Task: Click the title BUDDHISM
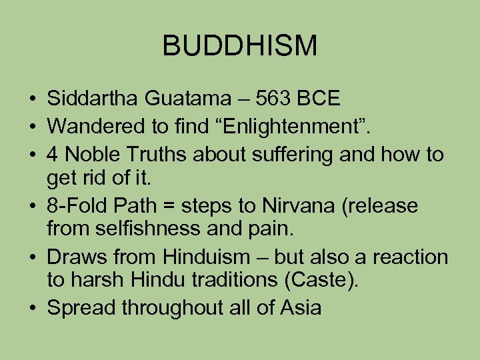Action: tap(240, 46)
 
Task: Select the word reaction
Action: tap(408, 257)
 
